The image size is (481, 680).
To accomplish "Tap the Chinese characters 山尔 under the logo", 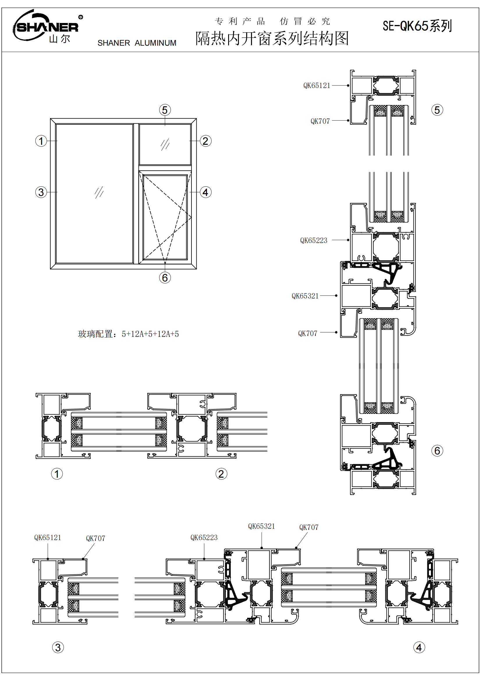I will click(60, 39).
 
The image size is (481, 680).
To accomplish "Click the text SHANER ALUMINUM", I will click(137, 43).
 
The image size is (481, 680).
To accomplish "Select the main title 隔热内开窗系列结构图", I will click(272, 38).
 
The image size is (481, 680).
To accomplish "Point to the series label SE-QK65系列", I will click(417, 26).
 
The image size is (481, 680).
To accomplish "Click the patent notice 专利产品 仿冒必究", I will click(272, 21).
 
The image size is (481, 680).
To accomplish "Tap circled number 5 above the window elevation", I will click(165, 110).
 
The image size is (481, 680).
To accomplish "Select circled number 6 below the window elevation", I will click(165, 278).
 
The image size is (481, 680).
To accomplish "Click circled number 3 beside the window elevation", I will click(41, 192).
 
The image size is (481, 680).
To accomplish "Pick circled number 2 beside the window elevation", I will click(205, 141).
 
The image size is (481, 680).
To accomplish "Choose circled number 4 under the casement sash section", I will click(419, 647).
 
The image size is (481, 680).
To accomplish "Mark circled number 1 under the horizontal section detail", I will click(57, 474).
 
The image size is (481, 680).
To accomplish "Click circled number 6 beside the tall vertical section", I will click(437, 451).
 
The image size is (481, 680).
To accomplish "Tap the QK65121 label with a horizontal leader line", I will click(317, 85).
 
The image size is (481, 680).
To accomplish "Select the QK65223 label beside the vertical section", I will click(314, 240).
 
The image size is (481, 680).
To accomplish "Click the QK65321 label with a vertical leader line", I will click(261, 526).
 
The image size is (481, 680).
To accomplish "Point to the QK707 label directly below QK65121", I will click(320, 121).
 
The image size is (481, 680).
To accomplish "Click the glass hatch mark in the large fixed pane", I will click(99, 192).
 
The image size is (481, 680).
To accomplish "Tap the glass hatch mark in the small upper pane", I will click(165, 144).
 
